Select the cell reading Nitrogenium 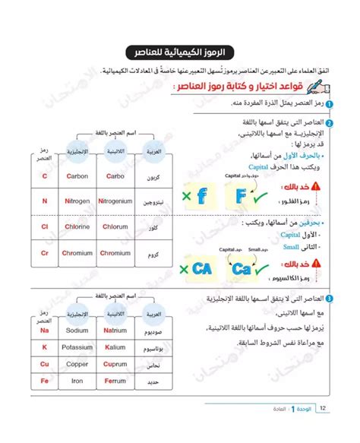[115, 201]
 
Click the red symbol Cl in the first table [45, 226]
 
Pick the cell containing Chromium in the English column [78, 253]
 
